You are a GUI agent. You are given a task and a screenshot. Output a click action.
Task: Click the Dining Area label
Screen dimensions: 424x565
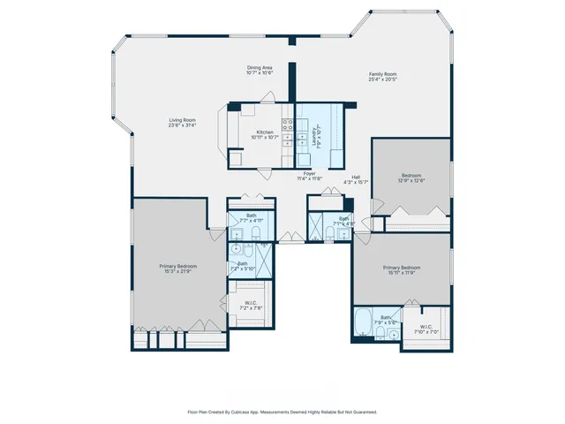260,70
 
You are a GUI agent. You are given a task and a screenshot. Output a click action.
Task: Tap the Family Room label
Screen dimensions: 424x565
382,76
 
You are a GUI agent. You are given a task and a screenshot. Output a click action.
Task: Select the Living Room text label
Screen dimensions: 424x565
183,123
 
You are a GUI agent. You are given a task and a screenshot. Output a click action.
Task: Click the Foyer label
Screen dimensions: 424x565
309,176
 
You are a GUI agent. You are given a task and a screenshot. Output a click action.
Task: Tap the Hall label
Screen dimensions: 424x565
356,179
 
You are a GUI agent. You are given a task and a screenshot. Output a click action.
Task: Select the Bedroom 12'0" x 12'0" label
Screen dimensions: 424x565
412,178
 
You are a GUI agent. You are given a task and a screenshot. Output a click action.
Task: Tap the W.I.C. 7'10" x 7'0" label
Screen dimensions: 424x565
426,329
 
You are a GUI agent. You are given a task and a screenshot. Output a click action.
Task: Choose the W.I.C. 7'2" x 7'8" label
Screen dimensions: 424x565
250,305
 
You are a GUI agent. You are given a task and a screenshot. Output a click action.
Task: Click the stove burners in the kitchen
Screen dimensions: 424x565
287,125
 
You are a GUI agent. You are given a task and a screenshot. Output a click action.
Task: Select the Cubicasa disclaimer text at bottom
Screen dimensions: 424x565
282,412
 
